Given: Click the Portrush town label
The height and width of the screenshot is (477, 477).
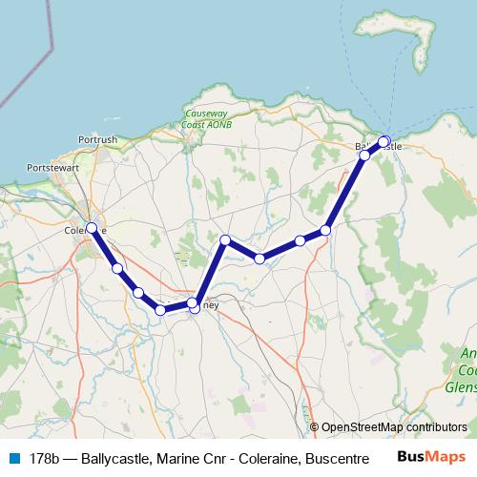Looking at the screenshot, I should pyautogui.click(x=99, y=139).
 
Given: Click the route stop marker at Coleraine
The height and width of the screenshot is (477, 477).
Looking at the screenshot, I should pyautogui.click(x=92, y=228).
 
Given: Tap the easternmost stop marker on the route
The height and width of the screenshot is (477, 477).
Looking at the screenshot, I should pyautogui.click(x=384, y=142).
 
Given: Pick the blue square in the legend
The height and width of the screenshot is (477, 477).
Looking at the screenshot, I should pyautogui.click(x=13, y=459).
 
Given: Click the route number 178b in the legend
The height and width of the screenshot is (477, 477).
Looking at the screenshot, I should pyautogui.click(x=46, y=459).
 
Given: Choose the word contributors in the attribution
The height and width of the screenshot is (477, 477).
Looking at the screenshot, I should pyautogui.click(x=439, y=427).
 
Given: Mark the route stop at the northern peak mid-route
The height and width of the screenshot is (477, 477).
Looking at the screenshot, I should pyautogui.click(x=225, y=240).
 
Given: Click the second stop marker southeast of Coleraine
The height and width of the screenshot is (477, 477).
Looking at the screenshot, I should pyautogui.click(x=139, y=293).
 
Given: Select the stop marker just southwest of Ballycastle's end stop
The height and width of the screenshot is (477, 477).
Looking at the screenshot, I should pyautogui.click(x=364, y=155).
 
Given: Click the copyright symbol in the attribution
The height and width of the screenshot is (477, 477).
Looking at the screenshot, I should pyautogui.click(x=315, y=427).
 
